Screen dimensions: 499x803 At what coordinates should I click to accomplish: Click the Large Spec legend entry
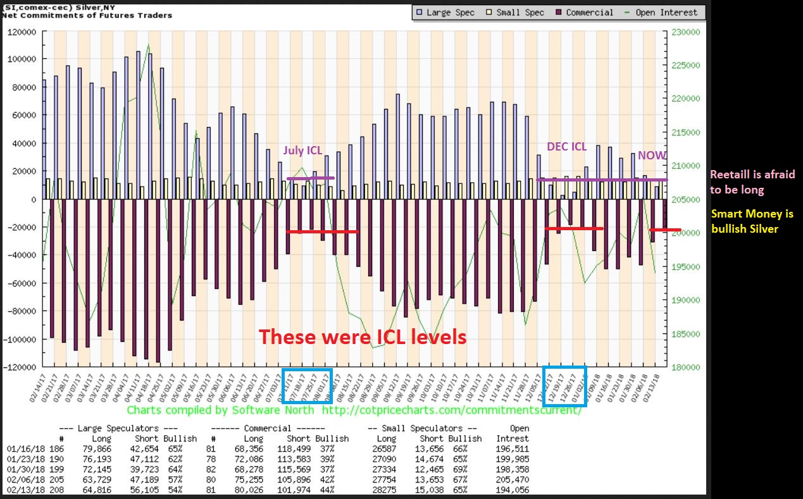point(445,12)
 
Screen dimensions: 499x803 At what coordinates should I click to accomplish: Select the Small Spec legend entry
point(516,12)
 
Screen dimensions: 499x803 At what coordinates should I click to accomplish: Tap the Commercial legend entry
point(585,12)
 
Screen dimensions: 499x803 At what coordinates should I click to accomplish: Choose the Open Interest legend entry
point(662,12)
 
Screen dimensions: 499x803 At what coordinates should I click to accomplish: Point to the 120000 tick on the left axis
point(23,31)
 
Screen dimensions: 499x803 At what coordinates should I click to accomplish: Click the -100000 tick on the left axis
point(21,339)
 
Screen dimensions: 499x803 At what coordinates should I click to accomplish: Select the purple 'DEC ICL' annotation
point(567,146)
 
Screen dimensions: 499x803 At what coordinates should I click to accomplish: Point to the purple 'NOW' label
point(650,156)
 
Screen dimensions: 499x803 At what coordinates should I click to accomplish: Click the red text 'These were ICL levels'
point(363,337)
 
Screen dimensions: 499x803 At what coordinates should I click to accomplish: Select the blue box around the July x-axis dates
point(307,385)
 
